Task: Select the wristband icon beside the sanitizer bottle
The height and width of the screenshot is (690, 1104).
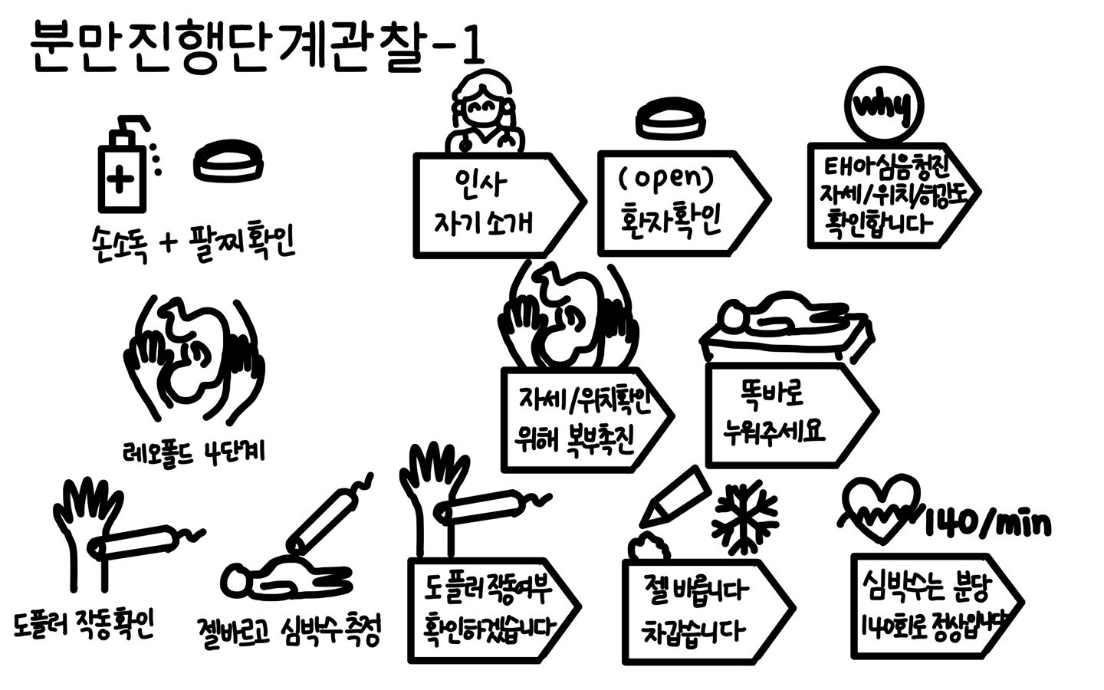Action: pos(228,162)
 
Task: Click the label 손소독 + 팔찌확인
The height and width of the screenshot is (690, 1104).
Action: pos(192,243)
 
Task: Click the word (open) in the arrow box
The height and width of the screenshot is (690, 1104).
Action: pos(665,178)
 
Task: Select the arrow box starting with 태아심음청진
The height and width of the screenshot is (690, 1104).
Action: pos(889,196)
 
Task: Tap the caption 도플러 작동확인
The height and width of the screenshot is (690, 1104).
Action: pos(84,625)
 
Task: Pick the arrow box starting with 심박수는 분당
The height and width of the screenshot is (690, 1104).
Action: pos(932,606)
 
